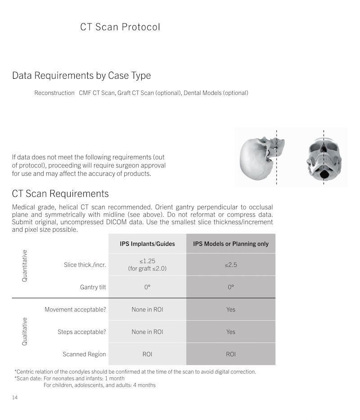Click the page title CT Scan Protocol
(120, 27)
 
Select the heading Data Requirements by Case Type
(81, 76)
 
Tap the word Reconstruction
(54, 93)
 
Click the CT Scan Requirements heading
(60, 194)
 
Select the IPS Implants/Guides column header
(147, 244)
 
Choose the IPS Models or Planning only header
(231, 244)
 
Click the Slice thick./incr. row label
(85, 265)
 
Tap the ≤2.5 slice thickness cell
(231, 265)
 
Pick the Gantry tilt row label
(93, 287)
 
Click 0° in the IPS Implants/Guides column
(147, 287)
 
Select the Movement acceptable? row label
(75, 310)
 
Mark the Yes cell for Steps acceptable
(231, 332)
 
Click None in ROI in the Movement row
(147, 310)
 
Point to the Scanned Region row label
(84, 354)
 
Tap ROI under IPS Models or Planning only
(231, 354)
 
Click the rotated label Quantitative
(25, 266)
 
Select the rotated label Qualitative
(25, 331)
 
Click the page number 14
(15, 397)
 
